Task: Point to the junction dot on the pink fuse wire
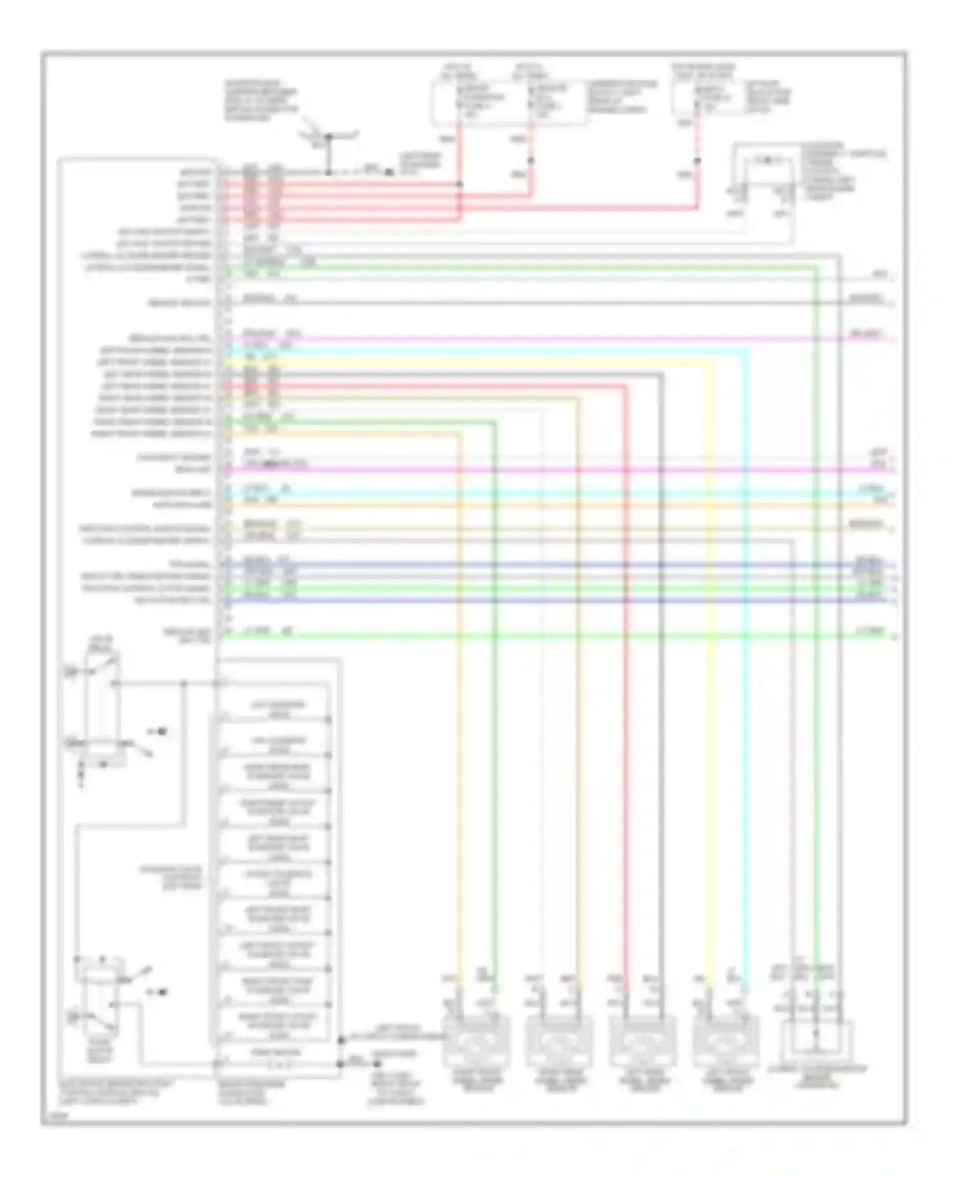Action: click(x=697, y=161)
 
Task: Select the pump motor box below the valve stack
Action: click(x=276, y=1057)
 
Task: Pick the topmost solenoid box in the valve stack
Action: click(x=276, y=709)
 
